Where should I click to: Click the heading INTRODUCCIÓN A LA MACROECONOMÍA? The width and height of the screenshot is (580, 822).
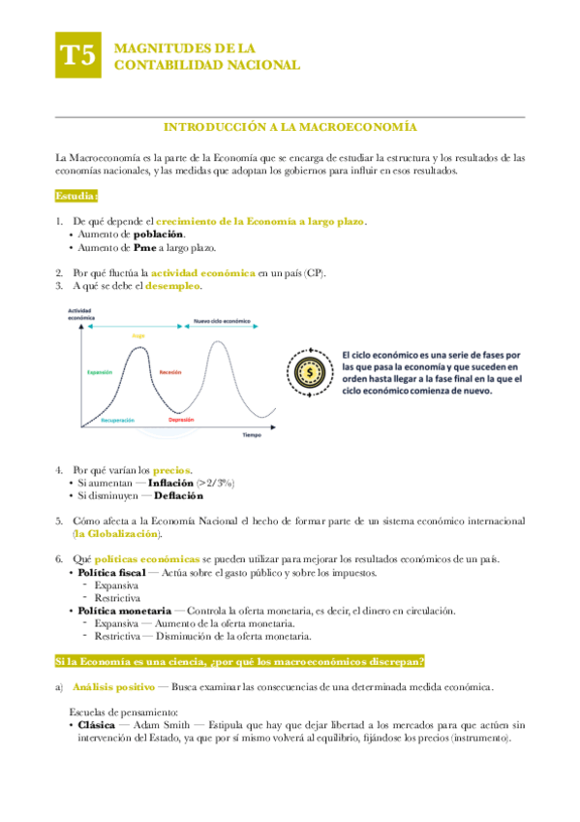click(x=290, y=127)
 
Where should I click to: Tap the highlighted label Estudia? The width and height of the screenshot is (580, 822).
click(x=76, y=197)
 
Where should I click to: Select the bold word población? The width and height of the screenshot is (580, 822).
click(x=158, y=235)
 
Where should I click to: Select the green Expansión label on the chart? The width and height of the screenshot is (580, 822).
click(x=100, y=371)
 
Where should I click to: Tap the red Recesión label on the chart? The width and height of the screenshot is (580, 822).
click(x=170, y=371)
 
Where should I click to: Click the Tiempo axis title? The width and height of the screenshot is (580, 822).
click(x=252, y=435)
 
